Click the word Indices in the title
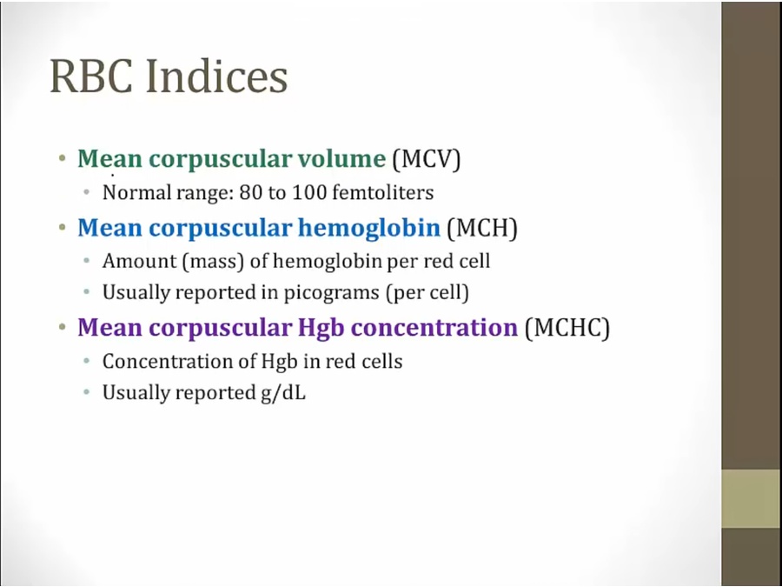pos(216,77)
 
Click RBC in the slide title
pos(91,77)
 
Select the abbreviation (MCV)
pos(427,159)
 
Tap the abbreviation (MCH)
pos(482,228)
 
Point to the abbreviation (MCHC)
pos(567,328)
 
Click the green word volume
pos(341,158)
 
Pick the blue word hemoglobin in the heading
pos(369,228)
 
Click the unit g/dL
pos(282,393)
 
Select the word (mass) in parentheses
pos(213,261)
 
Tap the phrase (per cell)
pos(427,292)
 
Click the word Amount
pos(140,261)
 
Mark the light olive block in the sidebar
pos(752,498)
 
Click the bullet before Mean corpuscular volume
pos(62,159)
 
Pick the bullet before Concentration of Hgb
pos(87,361)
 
